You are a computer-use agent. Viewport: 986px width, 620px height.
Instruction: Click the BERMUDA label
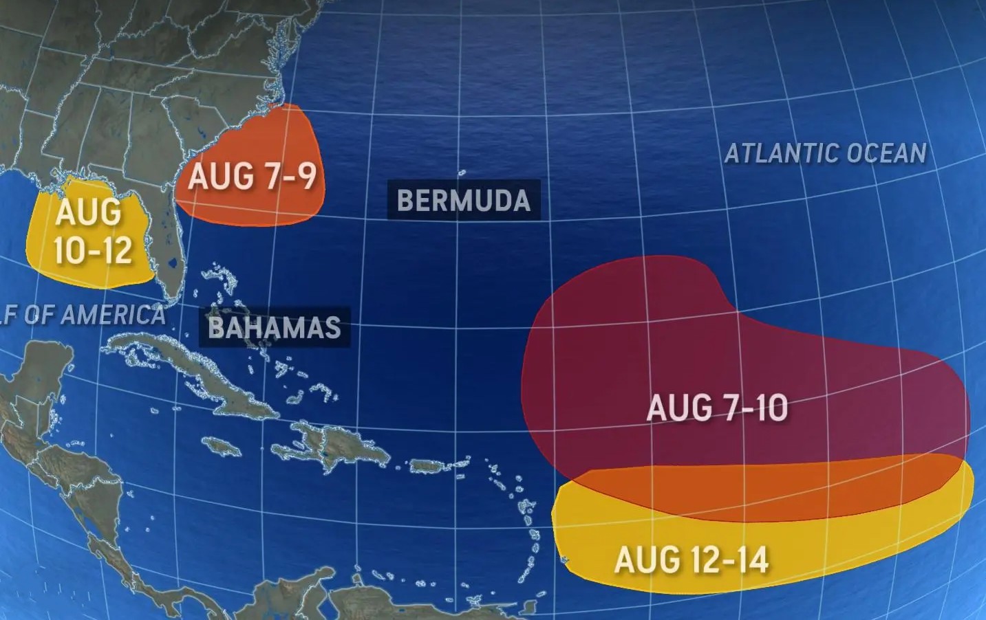[464, 200]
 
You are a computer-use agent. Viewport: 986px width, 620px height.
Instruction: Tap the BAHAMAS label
[275, 326]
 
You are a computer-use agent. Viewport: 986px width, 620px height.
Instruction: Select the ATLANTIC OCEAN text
[825, 153]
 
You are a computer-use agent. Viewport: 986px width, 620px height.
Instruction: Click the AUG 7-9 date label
[253, 176]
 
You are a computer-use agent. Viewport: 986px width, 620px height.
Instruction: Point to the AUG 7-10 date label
[717, 408]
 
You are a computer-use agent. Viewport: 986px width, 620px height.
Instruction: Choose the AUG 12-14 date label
[691, 560]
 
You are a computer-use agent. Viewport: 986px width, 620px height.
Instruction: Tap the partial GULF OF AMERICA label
[83, 315]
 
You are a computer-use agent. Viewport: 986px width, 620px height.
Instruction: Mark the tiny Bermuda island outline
[462, 173]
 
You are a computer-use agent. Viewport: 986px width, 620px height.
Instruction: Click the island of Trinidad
[530, 608]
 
